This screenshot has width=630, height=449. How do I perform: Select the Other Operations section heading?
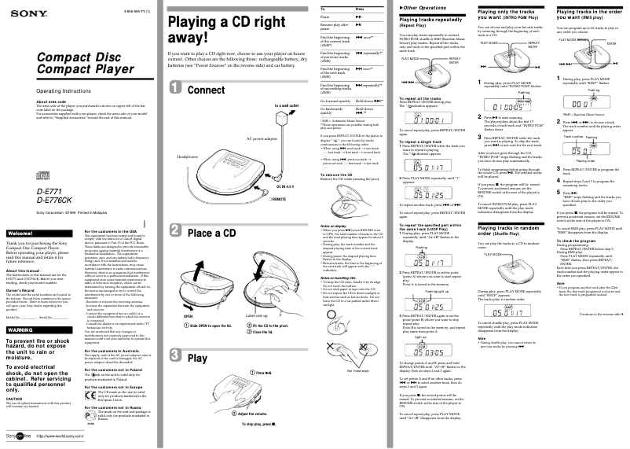coord(419,7)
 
